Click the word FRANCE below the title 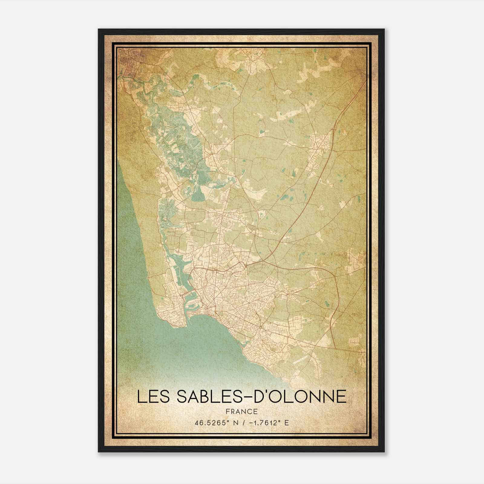point(242,411)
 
